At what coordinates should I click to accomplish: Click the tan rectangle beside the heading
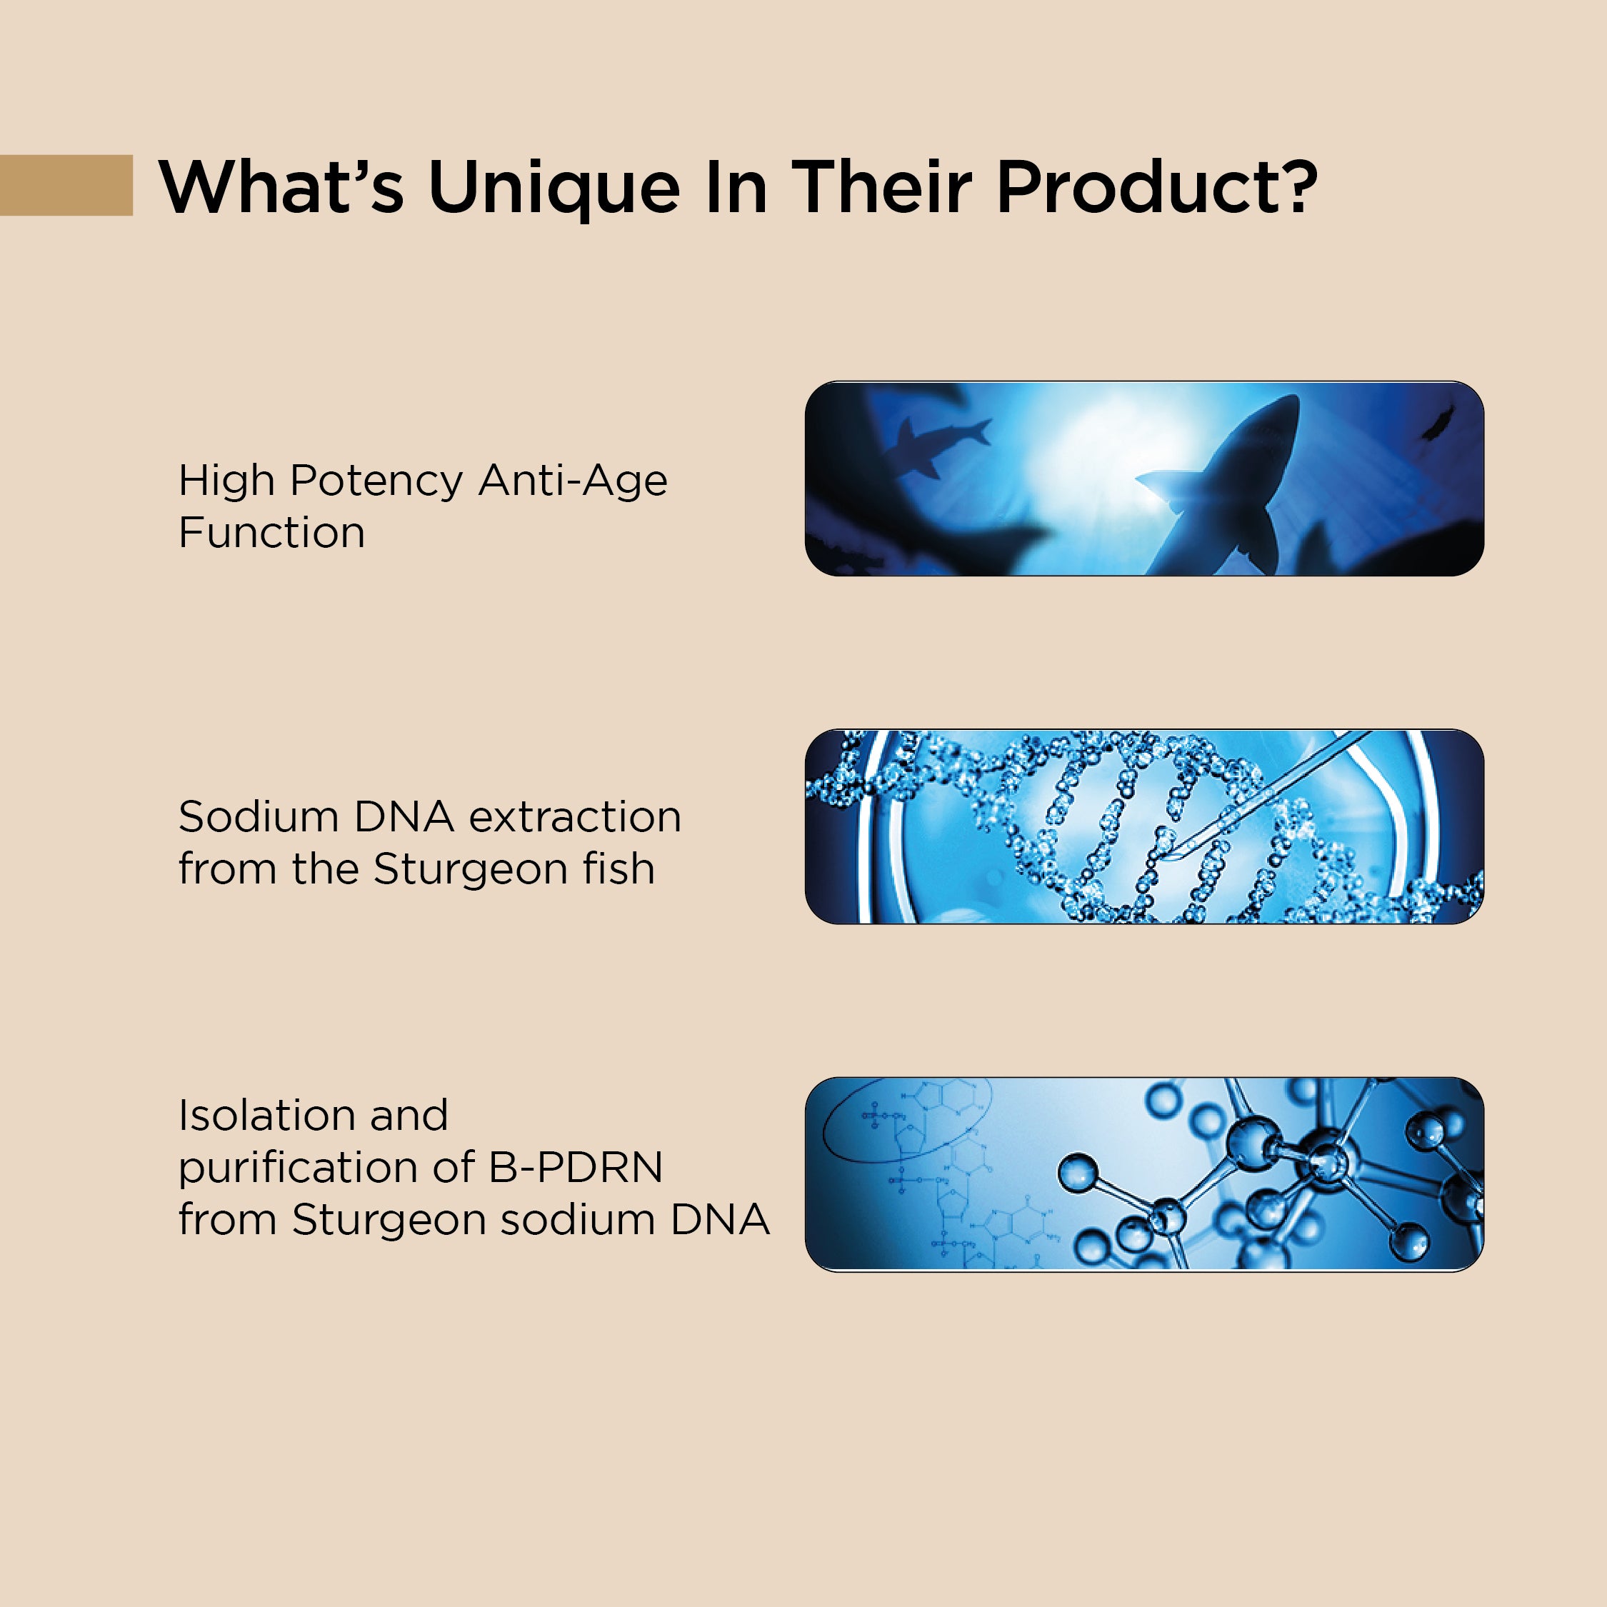66,185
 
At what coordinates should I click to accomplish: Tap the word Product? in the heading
1156,186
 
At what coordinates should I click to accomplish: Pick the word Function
272,532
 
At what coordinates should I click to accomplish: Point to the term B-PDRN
575,1167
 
